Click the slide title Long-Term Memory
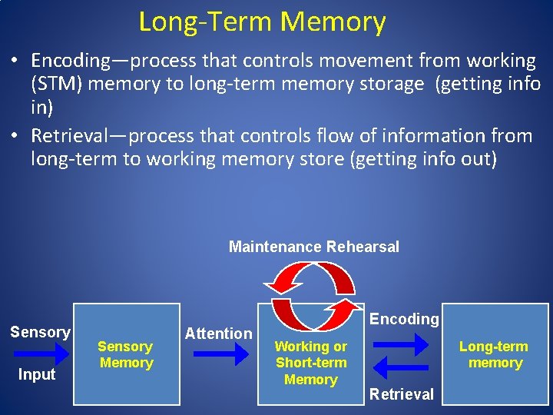tap(262, 22)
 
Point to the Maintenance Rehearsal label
tap(313, 247)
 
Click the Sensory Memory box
tap(126, 354)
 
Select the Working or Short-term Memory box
tap(310, 354)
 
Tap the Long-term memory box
tap(495, 354)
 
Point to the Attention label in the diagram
tap(218, 334)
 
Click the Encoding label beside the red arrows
tap(404, 319)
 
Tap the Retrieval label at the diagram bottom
tap(402, 394)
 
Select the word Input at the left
tap(37, 375)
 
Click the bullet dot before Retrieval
tap(16, 137)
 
